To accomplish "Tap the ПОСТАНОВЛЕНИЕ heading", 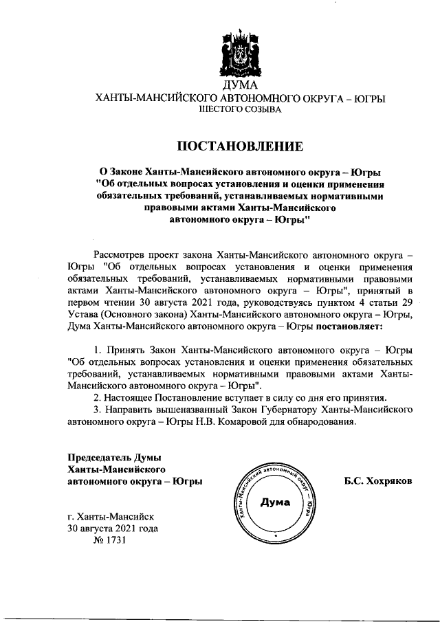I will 240,146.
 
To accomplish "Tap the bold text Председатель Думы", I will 114,458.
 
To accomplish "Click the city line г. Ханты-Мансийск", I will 111,516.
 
